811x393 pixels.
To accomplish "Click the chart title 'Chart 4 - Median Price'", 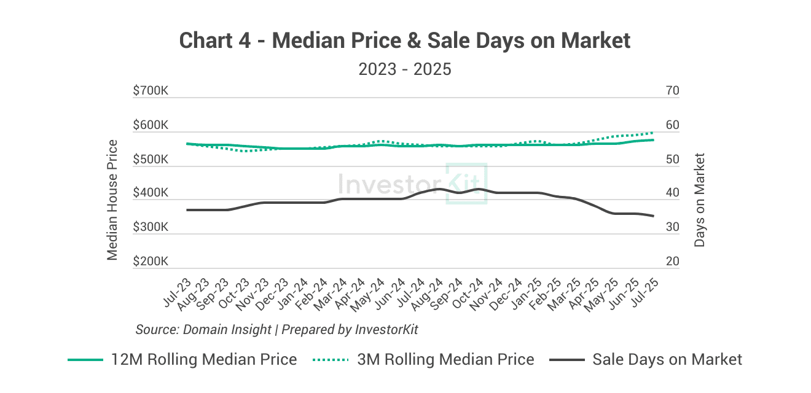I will (405, 41).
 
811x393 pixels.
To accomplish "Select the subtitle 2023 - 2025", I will (405, 69).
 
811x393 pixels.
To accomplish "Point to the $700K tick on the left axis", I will (151, 91).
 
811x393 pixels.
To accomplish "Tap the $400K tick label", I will (151, 193).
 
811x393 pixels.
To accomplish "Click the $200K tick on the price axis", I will (151, 262).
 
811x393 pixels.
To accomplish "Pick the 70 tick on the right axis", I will (672, 91).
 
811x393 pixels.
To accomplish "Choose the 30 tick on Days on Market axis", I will (672, 227).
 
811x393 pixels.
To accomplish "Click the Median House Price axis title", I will (112, 200).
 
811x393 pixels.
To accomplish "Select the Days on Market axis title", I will (699, 200).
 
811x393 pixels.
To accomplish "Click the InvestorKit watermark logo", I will (413, 183).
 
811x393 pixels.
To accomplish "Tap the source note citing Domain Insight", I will (276, 329).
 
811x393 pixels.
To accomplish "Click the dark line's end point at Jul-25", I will (653, 216).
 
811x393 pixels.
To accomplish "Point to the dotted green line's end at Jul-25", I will (653, 133).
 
